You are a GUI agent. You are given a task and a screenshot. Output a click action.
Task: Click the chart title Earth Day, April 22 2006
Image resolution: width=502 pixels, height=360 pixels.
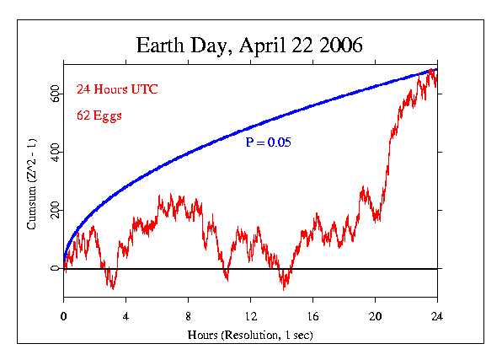pyautogui.click(x=249, y=45)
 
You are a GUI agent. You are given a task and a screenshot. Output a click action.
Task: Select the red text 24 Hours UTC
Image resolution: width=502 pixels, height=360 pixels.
pyautogui.click(x=117, y=89)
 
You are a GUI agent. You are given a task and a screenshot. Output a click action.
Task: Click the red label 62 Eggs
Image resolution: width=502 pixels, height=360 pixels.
pyautogui.click(x=99, y=116)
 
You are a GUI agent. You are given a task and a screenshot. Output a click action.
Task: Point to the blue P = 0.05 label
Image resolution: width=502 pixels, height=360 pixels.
pyautogui.click(x=268, y=143)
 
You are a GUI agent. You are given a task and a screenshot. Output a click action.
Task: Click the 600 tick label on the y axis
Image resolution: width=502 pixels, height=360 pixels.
pyautogui.click(x=53, y=92)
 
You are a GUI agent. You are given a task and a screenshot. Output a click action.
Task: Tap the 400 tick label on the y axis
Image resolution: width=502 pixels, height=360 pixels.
pyautogui.click(x=53, y=151)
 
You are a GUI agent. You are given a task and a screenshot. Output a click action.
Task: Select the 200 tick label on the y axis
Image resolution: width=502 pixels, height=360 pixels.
pyautogui.click(x=53, y=209)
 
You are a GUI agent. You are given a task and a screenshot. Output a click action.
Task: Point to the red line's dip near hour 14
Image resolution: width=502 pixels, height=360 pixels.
pyautogui.click(x=285, y=287)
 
